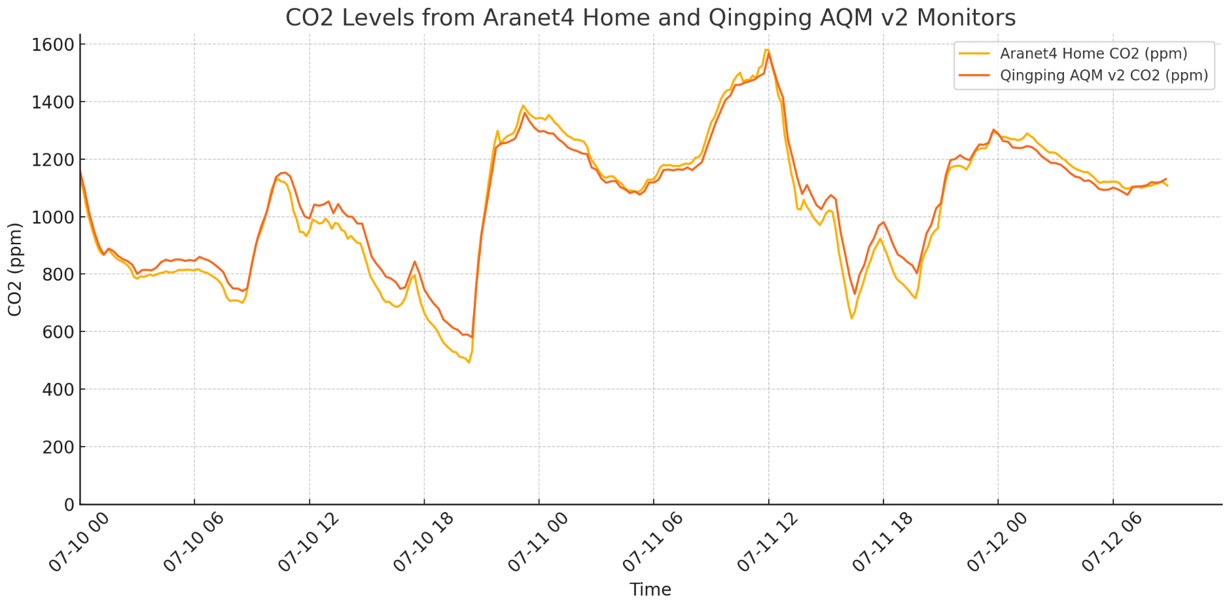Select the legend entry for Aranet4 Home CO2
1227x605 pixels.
click(1093, 54)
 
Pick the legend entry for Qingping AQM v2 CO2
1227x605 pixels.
click(1103, 75)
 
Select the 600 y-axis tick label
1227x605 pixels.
click(56, 332)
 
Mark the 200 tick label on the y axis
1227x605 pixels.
click(56, 447)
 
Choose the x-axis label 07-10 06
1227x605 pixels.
click(194, 543)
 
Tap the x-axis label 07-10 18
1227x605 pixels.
click(425, 543)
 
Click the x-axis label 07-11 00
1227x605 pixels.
click(539, 543)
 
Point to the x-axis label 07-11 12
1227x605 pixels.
click(769, 543)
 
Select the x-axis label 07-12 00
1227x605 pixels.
click(999, 543)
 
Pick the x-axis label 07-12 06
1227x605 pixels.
click(1113, 543)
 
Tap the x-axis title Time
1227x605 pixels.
click(650, 590)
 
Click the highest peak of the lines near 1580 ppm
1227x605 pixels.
click(767, 50)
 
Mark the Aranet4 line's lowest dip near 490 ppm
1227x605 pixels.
click(469, 362)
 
